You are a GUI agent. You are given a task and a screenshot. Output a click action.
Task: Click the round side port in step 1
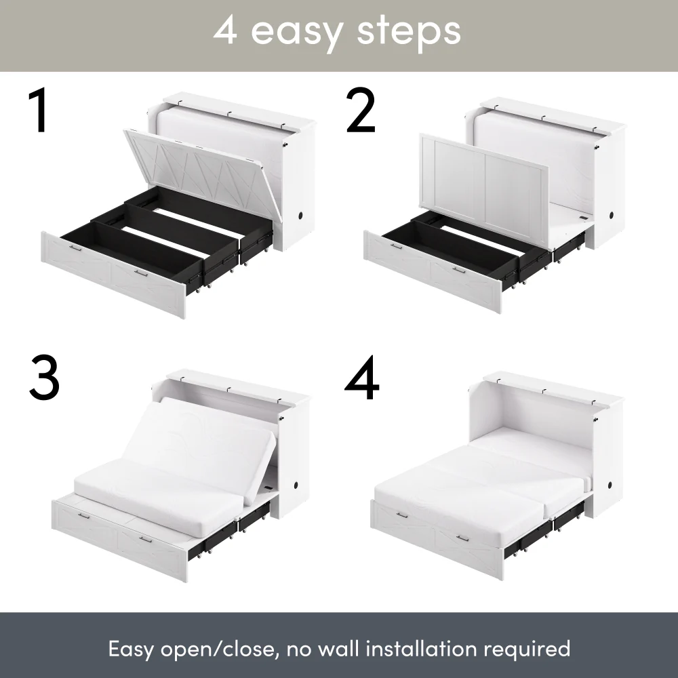pyautogui.click(x=299, y=216)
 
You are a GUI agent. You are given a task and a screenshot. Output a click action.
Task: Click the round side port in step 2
pyautogui.click(x=614, y=215)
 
